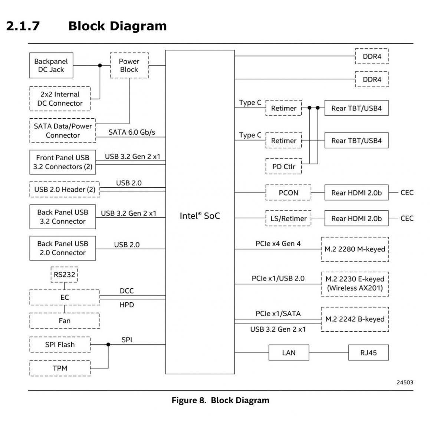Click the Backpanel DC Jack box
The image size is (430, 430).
tap(51, 65)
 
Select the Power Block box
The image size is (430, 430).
tap(129, 65)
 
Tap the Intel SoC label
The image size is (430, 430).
tap(200, 216)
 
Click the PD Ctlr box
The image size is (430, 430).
tap(283, 167)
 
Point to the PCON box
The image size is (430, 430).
tap(288, 193)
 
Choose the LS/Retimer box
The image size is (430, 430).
tap(288, 219)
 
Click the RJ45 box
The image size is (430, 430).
tap(368, 352)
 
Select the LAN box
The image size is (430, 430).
tap(289, 352)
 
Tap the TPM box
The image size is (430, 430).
tap(60, 368)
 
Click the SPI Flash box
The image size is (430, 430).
tap(60, 345)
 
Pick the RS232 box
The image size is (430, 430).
tap(64, 275)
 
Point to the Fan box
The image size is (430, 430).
tap(65, 321)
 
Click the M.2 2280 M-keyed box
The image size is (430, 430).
tap(355, 249)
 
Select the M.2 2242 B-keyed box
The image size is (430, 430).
tap(355, 319)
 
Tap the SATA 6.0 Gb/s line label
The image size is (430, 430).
tap(132, 132)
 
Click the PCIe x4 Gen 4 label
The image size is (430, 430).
tap(278, 244)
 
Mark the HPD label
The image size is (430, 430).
tap(127, 305)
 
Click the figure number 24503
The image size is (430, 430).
tap(405, 383)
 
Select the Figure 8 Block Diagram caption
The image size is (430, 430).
tap(220, 400)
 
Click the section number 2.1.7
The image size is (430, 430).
tap(23, 26)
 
